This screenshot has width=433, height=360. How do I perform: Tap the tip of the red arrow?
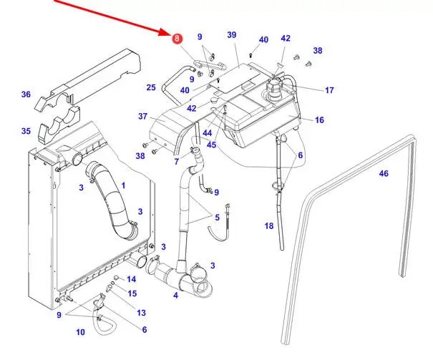click(x=170, y=33)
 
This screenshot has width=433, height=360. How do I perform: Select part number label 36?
click(x=26, y=94)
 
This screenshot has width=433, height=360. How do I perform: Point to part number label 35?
click(x=26, y=131)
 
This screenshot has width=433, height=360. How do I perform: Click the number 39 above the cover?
click(x=231, y=35)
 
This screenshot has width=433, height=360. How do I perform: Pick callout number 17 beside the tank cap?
click(x=329, y=90)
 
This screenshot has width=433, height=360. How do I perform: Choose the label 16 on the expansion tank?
click(x=319, y=120)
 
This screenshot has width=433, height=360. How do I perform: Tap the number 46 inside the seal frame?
click(x=384, y=173)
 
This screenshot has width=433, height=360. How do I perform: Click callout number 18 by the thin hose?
click(x=269, y=226)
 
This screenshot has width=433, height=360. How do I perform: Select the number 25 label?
click(x=151, y=88)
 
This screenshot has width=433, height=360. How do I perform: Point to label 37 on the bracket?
click(x=142, y=117)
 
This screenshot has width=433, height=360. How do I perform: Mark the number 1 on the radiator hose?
click(x=122, y=185)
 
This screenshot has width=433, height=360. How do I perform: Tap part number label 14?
click(x=132, y=279)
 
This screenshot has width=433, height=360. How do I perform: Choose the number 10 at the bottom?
click(x=80, y=332)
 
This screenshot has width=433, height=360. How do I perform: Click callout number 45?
click(x=212, y=145)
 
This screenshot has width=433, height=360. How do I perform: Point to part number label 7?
click(x=176, y=162)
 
